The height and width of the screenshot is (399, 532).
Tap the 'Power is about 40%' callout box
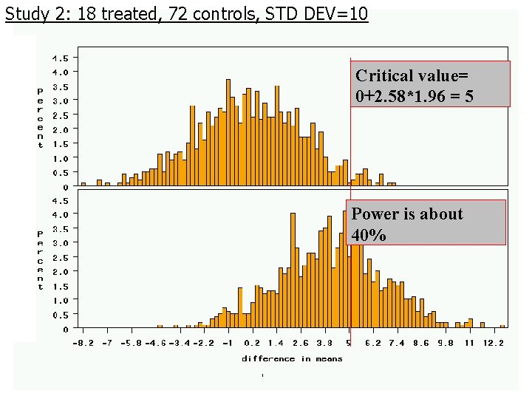426,222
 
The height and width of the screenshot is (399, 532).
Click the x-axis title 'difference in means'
292,358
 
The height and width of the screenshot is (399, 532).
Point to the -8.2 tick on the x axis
83,344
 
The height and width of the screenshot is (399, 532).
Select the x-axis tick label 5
349,344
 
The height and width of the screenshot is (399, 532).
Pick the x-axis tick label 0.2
252,344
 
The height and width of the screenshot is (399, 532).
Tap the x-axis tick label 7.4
397,344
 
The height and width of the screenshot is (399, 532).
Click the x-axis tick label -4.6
154,344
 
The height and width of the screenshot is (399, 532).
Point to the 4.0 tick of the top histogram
61,72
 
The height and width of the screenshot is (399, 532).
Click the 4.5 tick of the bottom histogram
61,200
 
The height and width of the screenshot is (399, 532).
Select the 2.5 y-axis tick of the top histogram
61,115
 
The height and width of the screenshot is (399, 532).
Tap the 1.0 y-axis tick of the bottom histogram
61,300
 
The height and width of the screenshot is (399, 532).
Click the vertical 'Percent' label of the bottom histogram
41,259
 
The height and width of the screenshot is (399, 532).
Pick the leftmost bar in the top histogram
83,183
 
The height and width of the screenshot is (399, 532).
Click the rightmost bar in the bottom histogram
502,326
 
